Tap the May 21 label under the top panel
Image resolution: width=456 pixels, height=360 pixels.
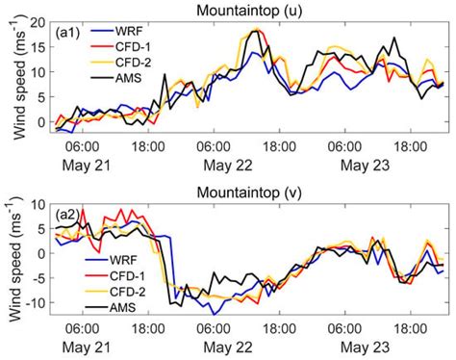tap(83, 164)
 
